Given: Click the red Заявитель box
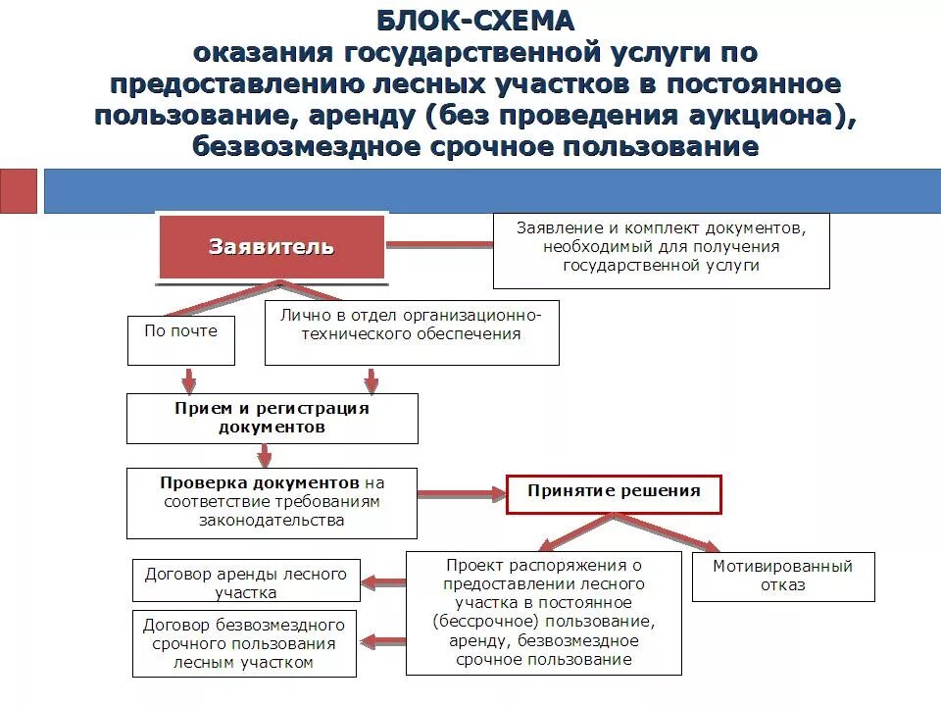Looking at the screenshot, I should [x=272, y=247].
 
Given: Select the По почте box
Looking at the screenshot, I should [x=181, y=339].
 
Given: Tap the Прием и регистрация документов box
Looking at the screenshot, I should [x=272, y=418].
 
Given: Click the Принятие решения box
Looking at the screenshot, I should [x=614, y=494].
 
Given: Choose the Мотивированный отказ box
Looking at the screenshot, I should [x=782, y=576].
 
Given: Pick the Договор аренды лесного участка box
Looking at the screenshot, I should [x=246, y=582].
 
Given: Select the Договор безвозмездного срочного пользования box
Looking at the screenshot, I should [x=244, y=643].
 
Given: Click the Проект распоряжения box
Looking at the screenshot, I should [x=543, y=612].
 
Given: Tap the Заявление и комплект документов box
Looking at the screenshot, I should [x=661, y=251].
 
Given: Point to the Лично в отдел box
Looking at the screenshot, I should [x=413, y=332].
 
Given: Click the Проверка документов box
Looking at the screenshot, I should [x=272, y=502].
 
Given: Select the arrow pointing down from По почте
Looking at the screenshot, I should [x=189, y=379].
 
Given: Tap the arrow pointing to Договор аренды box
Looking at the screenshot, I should [x=383, y=582].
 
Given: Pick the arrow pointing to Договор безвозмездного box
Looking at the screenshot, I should [x=383, y=642].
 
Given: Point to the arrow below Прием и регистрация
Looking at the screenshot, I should [x=264, y=455].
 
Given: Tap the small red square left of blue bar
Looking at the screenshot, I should [x=18, y=190].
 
